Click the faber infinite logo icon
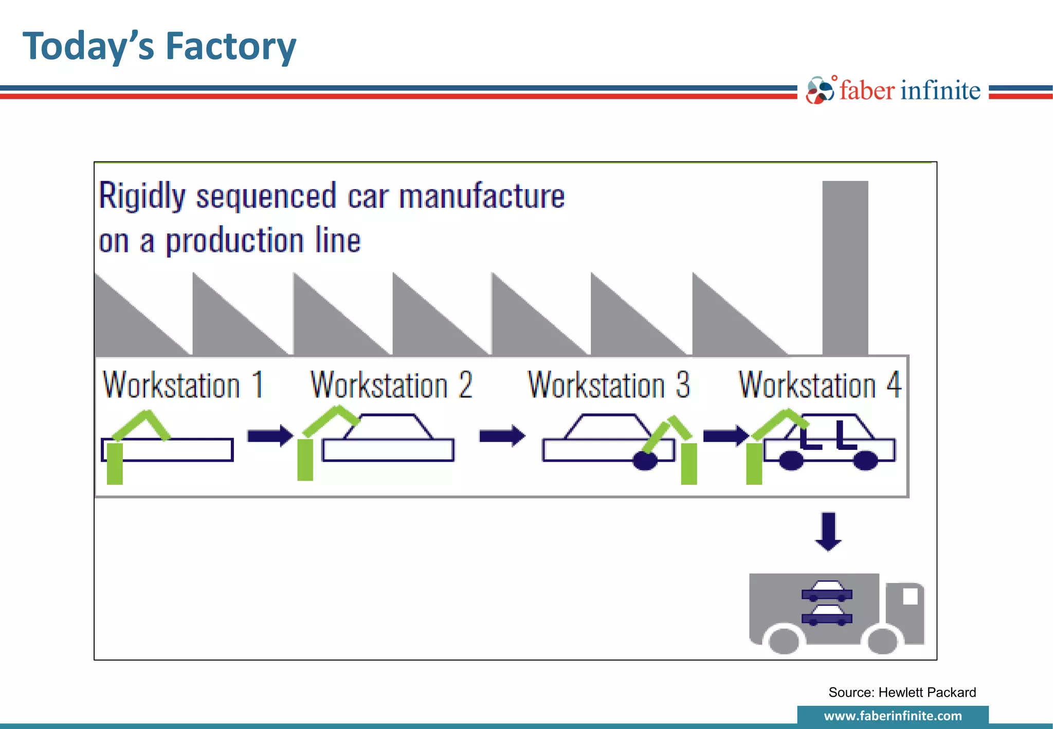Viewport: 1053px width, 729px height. click(x=820, y=90)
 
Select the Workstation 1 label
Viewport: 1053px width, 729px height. click(x=183, y=385)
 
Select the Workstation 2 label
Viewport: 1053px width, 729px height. click(x=391, y=385)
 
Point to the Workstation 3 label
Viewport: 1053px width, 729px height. click(x=608, y=385)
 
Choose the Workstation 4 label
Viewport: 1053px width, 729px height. click(x=820, y=385)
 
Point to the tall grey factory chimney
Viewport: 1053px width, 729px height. click(x=845, y=267)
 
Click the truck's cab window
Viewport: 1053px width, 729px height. click(x=910, y=596)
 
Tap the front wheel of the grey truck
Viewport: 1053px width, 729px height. click(x=882, y=641)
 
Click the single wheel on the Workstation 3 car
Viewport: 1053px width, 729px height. click(x=645, y=461)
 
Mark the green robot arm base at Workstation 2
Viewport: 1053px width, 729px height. click(x=305, y=459)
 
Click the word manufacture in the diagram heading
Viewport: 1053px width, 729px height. click(x=481, y=197)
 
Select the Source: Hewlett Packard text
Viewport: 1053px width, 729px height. click(x=902, y=692)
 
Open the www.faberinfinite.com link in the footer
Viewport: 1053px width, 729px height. click(x=893, y=716)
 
